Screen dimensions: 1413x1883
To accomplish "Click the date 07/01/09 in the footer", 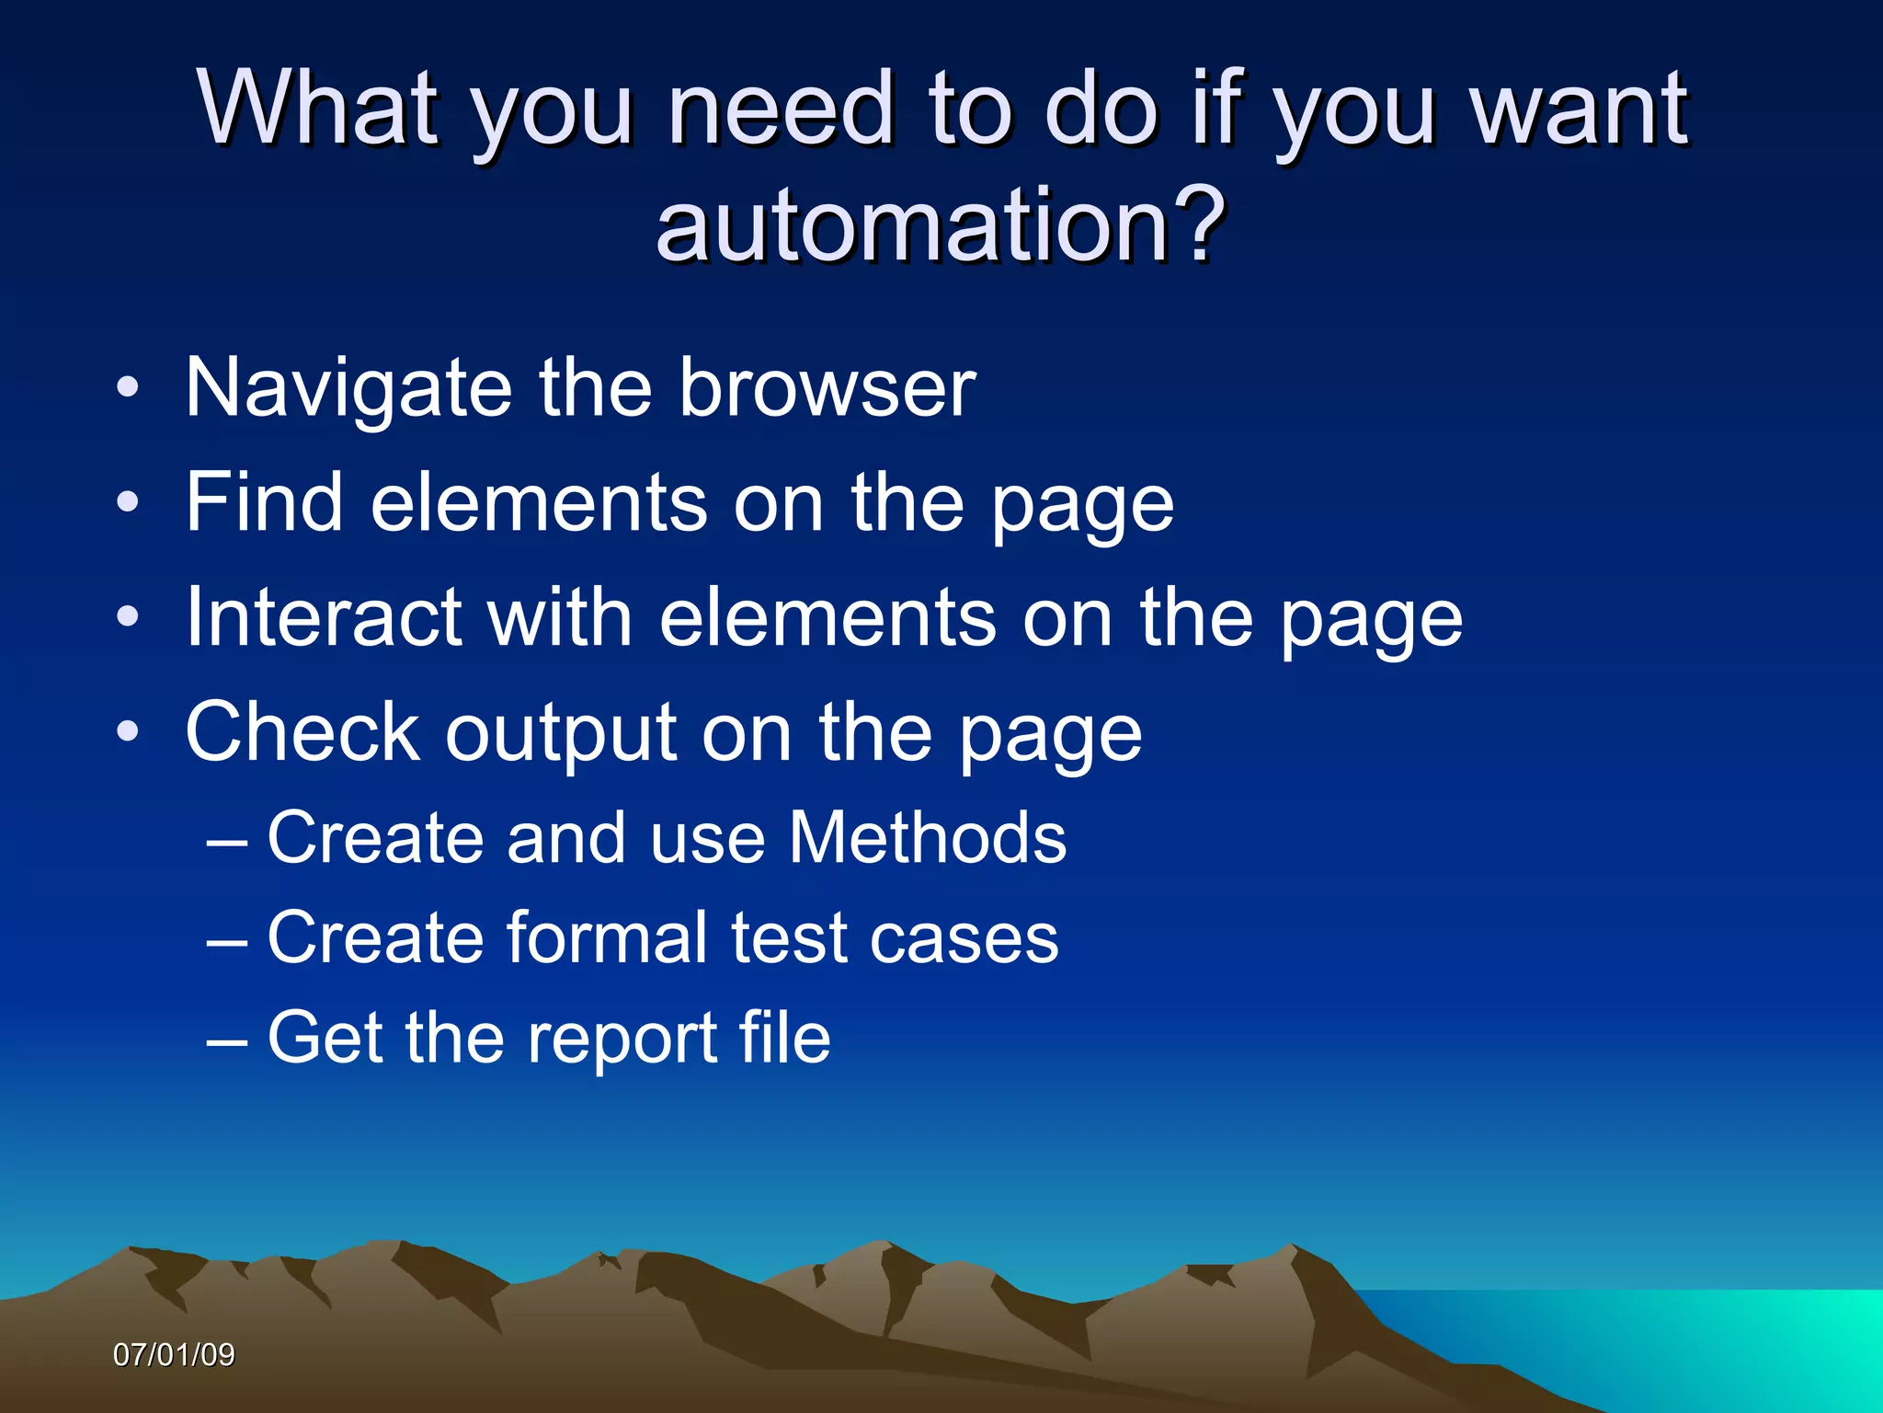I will click(174, 1354).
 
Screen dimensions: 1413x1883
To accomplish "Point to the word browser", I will click(827, 388).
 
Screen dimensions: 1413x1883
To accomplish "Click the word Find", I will click(265, 502).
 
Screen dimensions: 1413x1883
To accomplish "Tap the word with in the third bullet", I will click(560, 617).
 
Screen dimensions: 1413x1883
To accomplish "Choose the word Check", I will click(302, 732).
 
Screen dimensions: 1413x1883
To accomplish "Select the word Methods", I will click(928, 838).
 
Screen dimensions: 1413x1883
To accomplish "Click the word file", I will click(785, 1038).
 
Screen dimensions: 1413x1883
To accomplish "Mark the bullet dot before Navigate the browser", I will click(128, 387).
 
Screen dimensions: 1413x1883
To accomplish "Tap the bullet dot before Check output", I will click(128, 732).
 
